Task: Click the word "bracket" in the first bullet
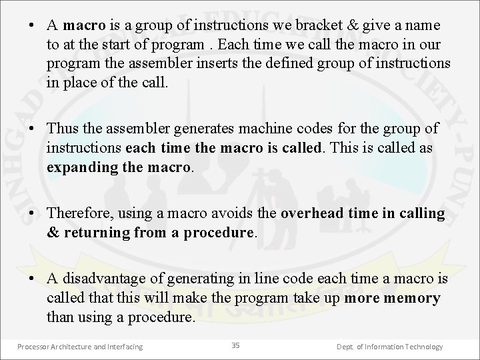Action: click(x=317, y=25)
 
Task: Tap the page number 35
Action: click(x=235, y=345)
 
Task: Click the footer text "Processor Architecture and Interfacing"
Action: click(x=80, y=347)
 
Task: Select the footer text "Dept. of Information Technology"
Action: click(x=390, y=347)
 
